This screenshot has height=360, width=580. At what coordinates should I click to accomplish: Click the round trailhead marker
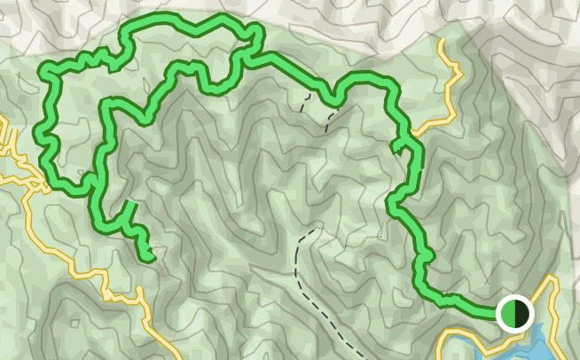(x=513, y=313)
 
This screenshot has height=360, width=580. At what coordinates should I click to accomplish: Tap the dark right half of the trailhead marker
(x=522, y=313)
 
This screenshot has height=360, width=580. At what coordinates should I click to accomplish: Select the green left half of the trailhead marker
(x=506, y=313)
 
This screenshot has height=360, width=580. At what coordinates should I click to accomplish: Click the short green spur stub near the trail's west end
(x=129, y=209)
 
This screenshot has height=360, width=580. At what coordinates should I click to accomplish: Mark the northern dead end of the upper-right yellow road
(x=442, y=40)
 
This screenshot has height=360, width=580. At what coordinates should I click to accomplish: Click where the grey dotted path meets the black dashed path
(x=313, y=231)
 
